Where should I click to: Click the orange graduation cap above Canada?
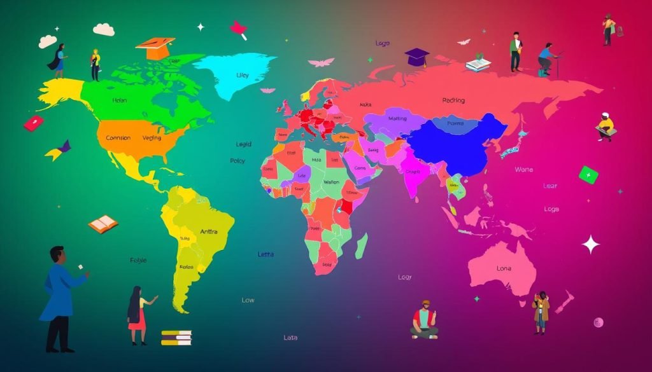[x=155, y=48]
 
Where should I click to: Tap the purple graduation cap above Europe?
[x=416, y=57]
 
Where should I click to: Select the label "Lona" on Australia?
[x=504, y=269]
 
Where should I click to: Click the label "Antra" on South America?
[x=208, y=232]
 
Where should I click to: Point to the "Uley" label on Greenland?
[x=243, y=75]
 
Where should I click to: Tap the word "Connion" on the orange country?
[x=118, y=138]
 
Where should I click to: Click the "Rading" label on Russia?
[x=453, y=100]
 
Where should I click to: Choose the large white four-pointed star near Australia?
[x=591, y=244]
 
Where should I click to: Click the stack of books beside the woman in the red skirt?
[x=176, y=338]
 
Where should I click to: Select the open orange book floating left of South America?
[x=103, y=223]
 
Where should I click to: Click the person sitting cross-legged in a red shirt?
[x=425, y=320]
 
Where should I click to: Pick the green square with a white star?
[x=588, y=174]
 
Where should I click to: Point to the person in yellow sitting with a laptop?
[x=605, y=127]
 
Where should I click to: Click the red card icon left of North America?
[x=34, y=123]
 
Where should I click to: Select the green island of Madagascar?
[x=361, y=245]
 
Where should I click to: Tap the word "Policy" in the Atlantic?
[x=237, y=162]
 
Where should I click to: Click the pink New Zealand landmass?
[x=563, y=303]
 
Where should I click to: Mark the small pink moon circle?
[x=598, y=322]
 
